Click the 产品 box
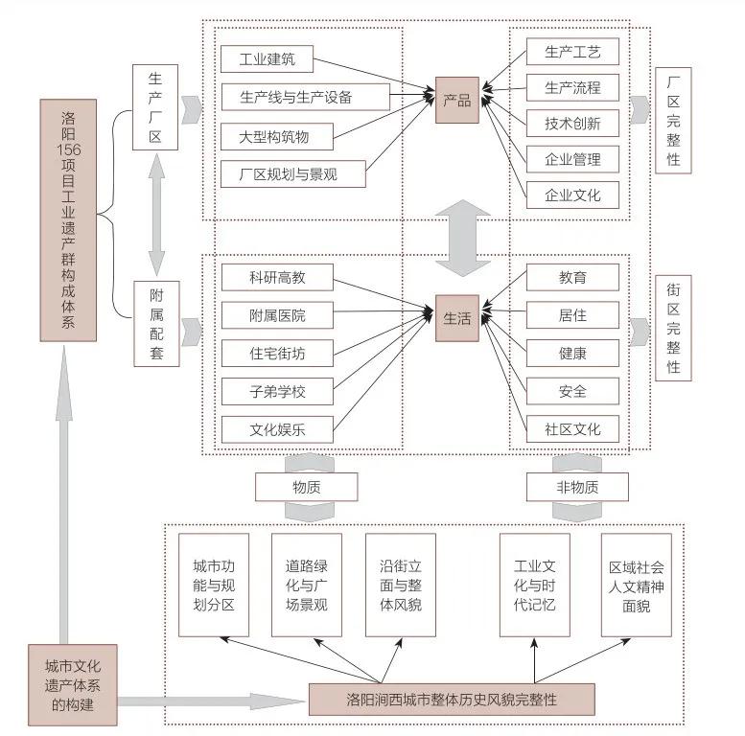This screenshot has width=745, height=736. pyautogui.click(x=456, y=100)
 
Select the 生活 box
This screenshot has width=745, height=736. pyautogui.click(x=456, y=318)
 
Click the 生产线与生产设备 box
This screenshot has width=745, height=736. pyautogui.click(x=305, y=97)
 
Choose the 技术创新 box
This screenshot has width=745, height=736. pyautogui.click(x=572, y=123)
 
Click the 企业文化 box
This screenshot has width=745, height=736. pyautogui.click(x=572, y=195)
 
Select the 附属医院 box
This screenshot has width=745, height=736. pyautogui.click(x=277, y=315)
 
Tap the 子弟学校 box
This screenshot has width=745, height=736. pyautogui.click(x=277, y=391)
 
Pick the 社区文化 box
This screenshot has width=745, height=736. pyautogui.click(x=572, y=427)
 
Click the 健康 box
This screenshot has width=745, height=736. pyautogui.click(x=572, y=353)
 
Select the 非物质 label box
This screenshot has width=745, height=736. pyautogui.click(x=576, y=487)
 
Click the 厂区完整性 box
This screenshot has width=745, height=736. pyautogui.click(x=673, y=121)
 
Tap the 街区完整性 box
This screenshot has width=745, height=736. pyautogui.click(x=673, y=328)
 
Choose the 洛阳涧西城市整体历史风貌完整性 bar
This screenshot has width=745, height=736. pyautogui.click(x=452, y=700)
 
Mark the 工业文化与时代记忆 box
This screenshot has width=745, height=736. pyautogui.click(x=534, y=585)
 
